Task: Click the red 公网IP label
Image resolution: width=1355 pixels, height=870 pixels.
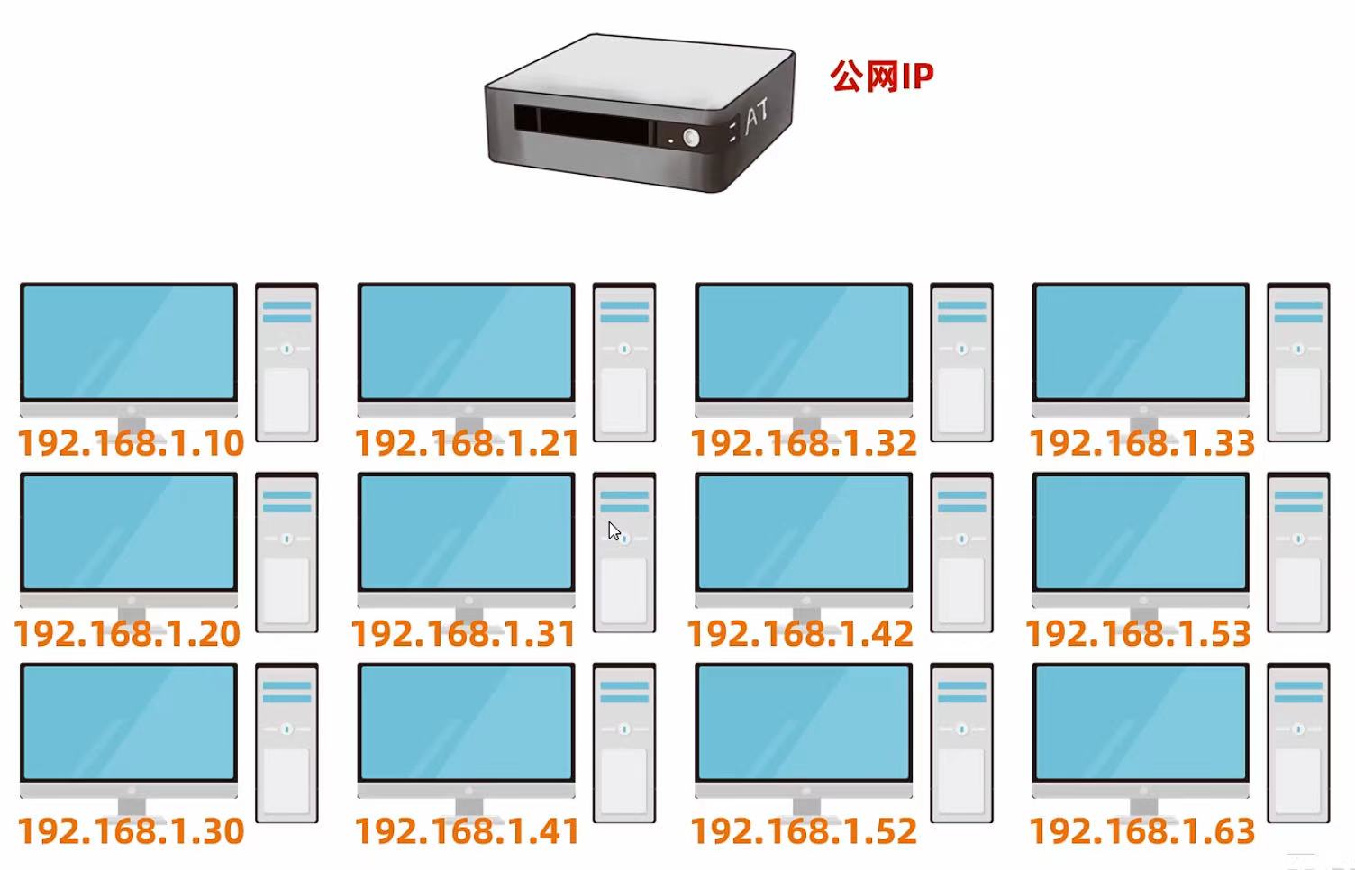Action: pyautogui.click(x=881, y=77)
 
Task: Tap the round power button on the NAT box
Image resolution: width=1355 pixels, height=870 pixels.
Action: pyautogui.click(x=691, y=138)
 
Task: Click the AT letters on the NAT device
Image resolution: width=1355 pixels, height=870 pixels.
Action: pyautogui.click(x=756, y=115)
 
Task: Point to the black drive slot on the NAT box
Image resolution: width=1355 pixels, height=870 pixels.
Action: pyautogui.click(x=581, y=125)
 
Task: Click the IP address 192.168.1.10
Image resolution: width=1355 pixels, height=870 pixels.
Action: pyautogui.click(x=131, y=443)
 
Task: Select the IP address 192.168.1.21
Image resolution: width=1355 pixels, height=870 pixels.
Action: pyautogui.click(x=467, y=443)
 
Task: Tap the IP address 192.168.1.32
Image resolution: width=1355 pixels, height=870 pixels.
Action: pyautogui.click(x=804, y=443)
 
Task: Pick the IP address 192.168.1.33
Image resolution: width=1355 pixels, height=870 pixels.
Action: pyautogui.click(x=1141, y=443)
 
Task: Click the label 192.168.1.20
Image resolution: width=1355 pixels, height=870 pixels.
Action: pyautogui.click(x=128, y=634)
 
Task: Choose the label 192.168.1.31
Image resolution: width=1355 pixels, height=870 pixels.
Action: pyautogui.click(x=464, y=634)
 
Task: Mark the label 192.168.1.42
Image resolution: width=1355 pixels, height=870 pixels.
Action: pyautogui.click(x=801, y=634)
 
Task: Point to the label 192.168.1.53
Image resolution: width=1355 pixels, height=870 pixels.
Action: pyautogui.click(x=1138, y=634)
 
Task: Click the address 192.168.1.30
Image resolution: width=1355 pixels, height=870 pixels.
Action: pyautogui.click(x=131, y=831)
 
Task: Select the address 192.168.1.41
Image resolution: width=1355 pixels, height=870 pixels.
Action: pyautogui.click(x=467, y=831)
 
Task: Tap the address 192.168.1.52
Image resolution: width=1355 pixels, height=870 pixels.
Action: pyautogui.click(x=804, y=831)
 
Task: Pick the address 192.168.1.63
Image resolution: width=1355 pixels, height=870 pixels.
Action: pyautogui.click(x=1141, y=831)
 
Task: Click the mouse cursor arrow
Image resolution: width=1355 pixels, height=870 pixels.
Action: pyautogui.click(x=614, y=530)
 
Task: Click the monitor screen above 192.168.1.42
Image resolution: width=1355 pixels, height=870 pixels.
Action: pyautogui.click(x=804, y=531)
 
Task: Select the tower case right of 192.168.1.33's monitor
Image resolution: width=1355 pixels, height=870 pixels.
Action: pyautogui.click(x=1298, y=362)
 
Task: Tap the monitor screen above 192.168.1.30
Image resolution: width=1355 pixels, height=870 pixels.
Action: pyautogui.click(x=129, y=722)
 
